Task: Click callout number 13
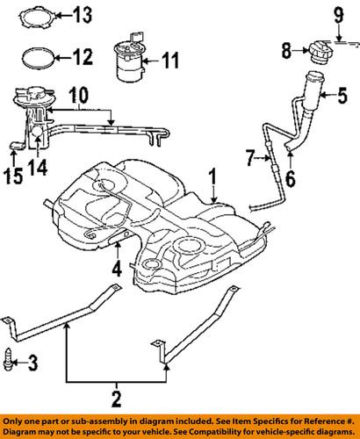coord(82,15)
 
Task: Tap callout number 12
coord(82,59)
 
